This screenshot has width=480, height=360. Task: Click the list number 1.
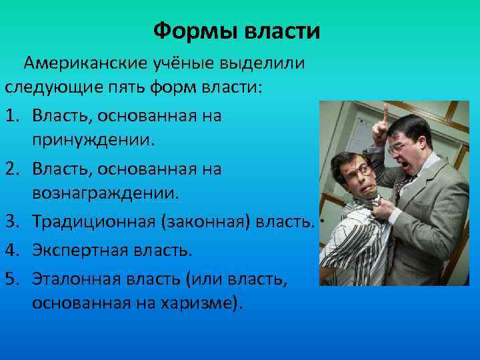point(12,116)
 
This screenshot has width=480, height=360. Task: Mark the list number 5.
point(12,276)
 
